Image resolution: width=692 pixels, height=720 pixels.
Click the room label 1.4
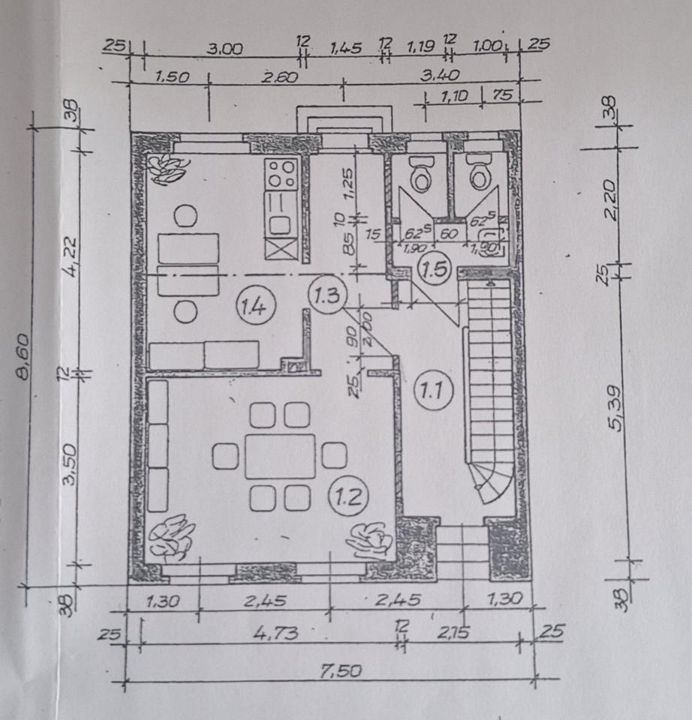click(250, 304)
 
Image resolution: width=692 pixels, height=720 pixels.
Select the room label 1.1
click(430, 389)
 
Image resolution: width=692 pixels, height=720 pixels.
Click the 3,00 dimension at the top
click(225, 49)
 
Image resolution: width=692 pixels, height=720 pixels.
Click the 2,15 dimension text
click(452, 633)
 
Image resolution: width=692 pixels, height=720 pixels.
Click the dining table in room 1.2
click(280, 456)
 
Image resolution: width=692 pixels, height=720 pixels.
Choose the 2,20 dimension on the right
click(612, 201)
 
